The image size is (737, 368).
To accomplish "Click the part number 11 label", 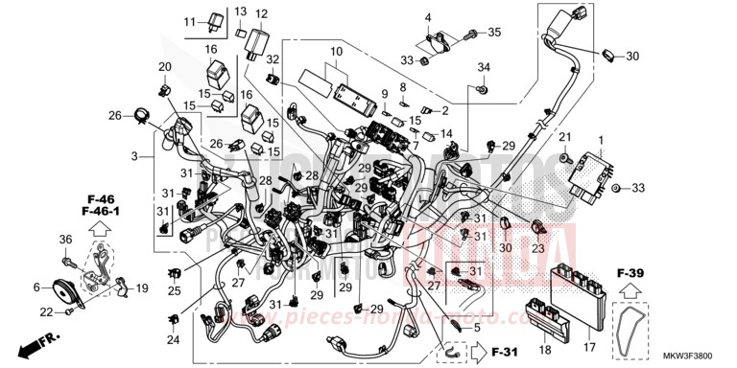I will coord(188,21).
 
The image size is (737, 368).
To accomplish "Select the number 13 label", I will coord(240,11).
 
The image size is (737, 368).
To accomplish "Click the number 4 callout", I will coord(429,17).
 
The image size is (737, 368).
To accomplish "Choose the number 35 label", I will coord(494,33).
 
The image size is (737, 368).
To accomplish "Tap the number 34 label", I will coord(484,66).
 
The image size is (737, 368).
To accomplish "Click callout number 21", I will coord(565,136).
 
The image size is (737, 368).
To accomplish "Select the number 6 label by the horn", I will coord(36,287).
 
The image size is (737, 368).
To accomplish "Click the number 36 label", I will coord(66,240).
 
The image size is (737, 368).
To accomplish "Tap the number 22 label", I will coord(46,312).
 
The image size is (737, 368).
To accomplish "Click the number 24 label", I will coord(173,339).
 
